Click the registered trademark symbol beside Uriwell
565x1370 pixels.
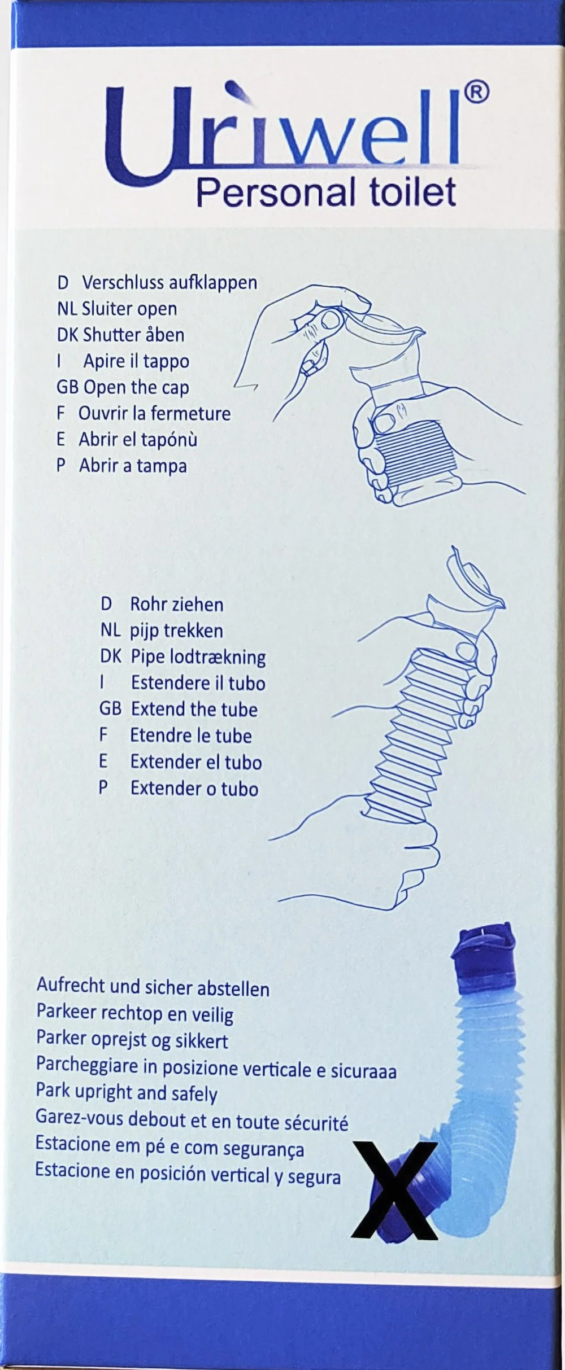pyautogui.click(x=476, y=92)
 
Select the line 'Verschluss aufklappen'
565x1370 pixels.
pyautogui.click(x=169, y=282)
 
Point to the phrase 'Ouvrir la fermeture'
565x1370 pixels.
pyautogui.click(x=154, y=413)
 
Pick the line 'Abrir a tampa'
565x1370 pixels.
pyautogui.click(x=133, y=466)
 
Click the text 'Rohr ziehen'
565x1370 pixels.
pyautogui.click(x=177, y=605)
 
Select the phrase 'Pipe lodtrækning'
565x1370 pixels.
pyautogui.click(x=198, y=657)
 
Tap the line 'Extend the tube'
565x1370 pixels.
pyautogui.click(x=194, y=709)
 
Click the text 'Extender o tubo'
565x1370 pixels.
pyautogui.click(x=194, y=788)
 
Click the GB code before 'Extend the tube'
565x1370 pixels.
pyautogui.click(x=110, y=709)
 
